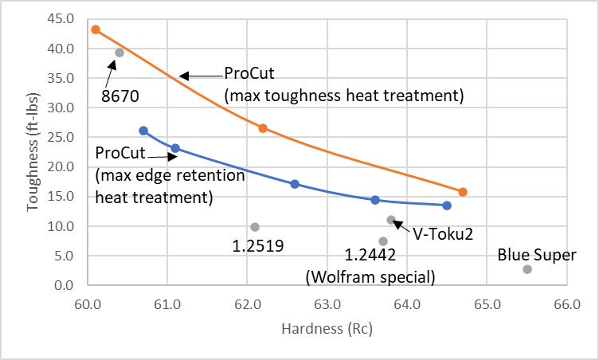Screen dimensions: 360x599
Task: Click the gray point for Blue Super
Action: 527,269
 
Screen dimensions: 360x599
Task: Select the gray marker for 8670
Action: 119,53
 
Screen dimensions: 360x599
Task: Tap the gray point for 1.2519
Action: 255,227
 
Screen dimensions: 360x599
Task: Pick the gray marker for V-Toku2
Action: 391,220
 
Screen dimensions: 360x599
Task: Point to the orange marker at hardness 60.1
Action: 96,29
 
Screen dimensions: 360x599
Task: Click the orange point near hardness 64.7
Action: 463,192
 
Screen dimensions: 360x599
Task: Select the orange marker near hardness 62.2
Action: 263,128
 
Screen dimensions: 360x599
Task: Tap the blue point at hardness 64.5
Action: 447,205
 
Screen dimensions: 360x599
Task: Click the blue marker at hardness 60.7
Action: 143,131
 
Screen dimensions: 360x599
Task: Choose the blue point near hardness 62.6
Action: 295,184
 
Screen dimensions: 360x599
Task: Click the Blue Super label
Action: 536,256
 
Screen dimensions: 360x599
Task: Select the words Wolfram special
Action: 371,277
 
